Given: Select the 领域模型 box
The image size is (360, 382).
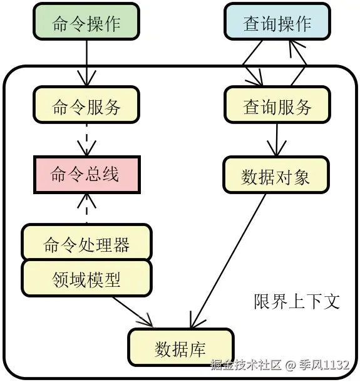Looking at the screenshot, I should tap(86, 279).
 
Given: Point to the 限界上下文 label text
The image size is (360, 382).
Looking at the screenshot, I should tap(297, 301).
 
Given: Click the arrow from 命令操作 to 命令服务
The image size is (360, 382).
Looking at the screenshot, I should tap(86, 63).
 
